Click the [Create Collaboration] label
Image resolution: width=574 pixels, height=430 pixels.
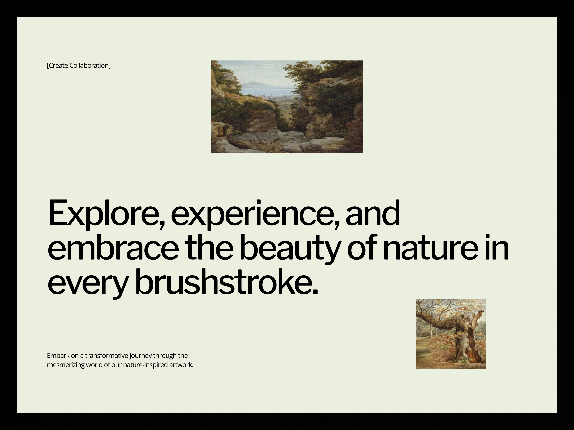pyautogui.click(x=79, y=66)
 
